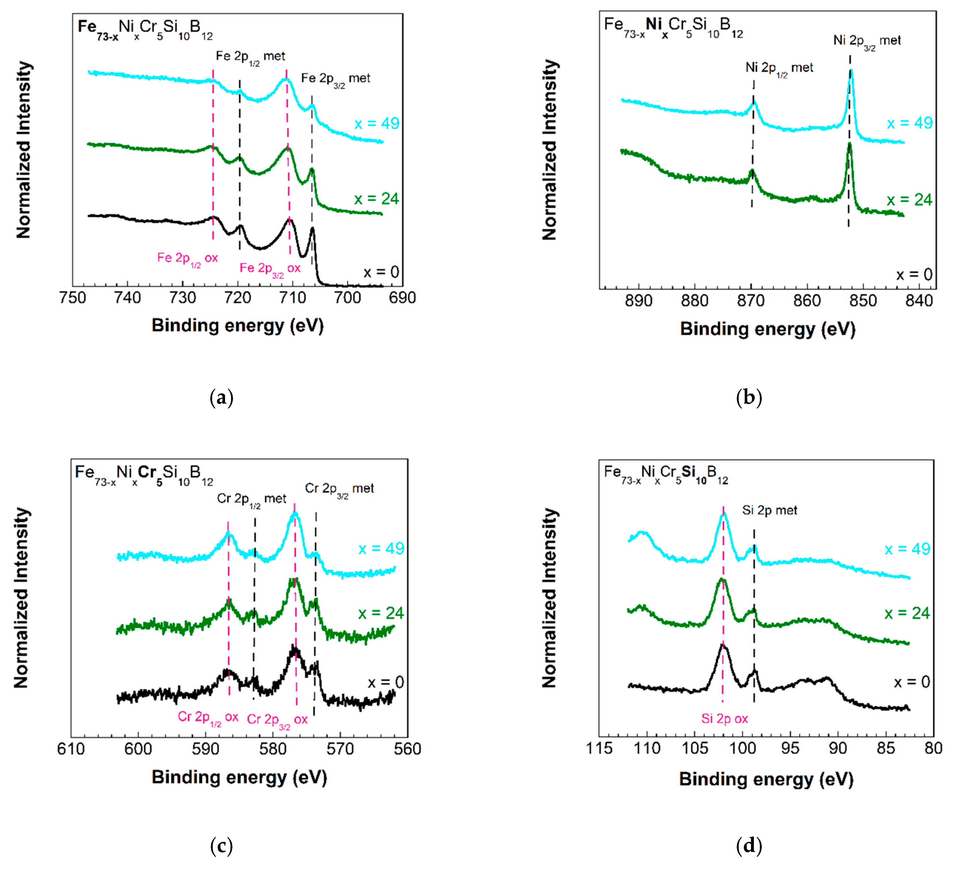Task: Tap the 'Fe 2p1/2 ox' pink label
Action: click(187, 259)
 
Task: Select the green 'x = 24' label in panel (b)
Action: click(909, 200)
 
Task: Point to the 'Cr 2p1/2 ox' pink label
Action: click(208, 717)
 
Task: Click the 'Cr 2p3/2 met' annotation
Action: click(339, 489)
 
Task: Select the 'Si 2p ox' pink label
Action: click(724, 719)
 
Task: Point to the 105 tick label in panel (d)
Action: click(694, 748)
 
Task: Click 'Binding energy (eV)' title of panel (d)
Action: click(766, 779)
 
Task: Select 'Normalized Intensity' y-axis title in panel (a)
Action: click(24, 150)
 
